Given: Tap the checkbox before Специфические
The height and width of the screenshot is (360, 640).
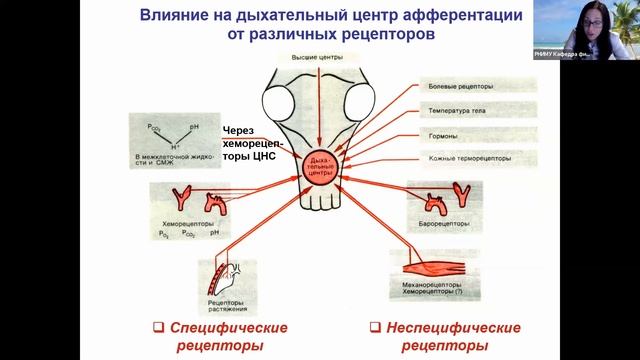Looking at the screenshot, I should pyautogui.click(x=158, y=327).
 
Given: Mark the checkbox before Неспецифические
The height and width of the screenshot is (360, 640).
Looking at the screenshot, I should pyautogui.click(x=375, y=327).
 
